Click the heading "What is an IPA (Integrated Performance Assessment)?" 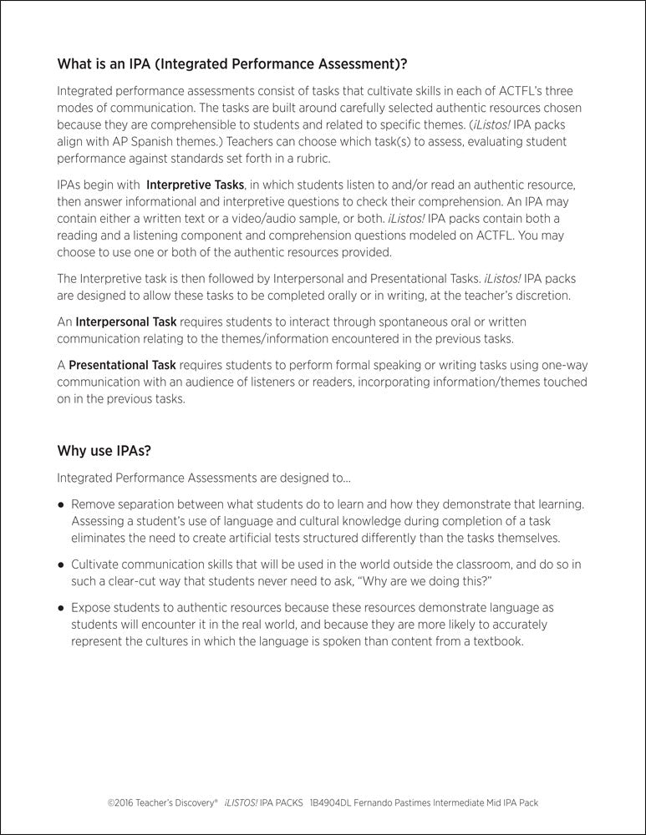(232, 63)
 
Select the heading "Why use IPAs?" (104, 451)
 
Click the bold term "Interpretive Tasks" (196, 183)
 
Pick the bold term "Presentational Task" (122, 366)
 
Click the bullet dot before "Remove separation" (61, 505)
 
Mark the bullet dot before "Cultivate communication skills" (61, 564)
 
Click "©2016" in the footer (122, 802)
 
